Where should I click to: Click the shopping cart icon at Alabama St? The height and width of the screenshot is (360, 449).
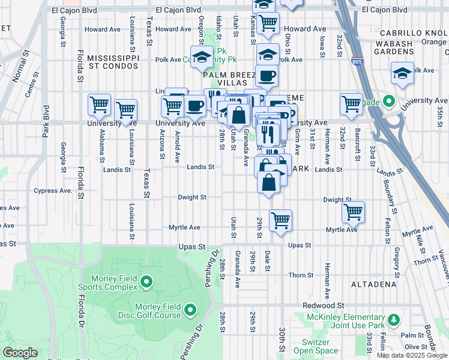[x=99, y=105]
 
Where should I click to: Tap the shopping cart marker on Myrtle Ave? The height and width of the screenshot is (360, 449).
[x=280, y=220]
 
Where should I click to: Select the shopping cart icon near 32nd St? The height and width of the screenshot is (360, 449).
[x=351, y=103]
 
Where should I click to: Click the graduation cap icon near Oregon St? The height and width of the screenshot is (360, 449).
[x=202, y=57]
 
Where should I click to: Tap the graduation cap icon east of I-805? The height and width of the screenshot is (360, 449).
[x=402, y=73]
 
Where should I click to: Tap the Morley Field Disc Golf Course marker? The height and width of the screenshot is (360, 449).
[x=190, y=310]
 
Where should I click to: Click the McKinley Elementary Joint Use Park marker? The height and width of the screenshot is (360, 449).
[x=393, y=321]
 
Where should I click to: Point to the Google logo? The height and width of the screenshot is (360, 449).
[x=20, y=353]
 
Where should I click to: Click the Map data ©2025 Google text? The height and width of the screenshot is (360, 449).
[x=412, y=355]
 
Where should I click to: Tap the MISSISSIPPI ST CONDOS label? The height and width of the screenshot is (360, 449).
[x=113, y=62]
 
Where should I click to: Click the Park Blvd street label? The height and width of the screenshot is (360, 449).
[x=45, y=122]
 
